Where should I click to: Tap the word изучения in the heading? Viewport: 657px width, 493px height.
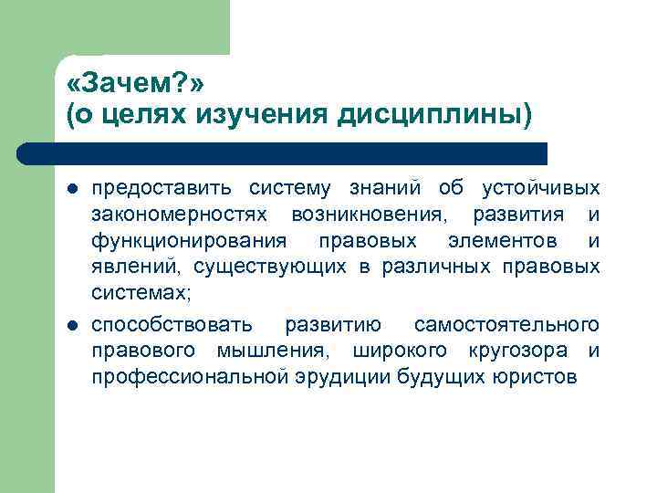click(286, 116)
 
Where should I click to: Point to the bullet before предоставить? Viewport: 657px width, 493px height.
click(70, 189)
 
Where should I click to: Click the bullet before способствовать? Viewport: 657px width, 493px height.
click(70, 326)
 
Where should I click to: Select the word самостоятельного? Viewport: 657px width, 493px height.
click(506, 325)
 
